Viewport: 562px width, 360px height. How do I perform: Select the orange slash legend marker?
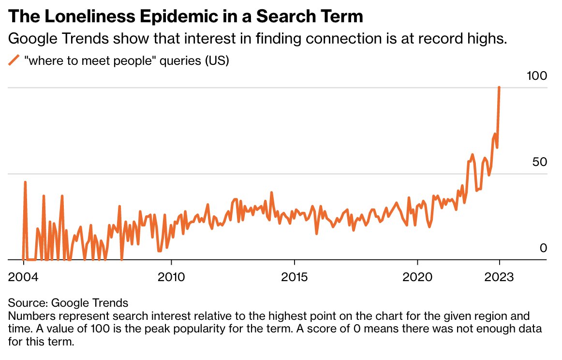[15, 60]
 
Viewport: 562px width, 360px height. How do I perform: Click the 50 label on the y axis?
[540, 162]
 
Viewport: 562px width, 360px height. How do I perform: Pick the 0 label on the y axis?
[543, 248]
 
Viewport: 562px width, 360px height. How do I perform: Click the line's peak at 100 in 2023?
[499, 88]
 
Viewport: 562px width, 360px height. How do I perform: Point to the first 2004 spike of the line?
[25, 182]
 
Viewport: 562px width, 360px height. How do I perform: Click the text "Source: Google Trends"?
[68, 303]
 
